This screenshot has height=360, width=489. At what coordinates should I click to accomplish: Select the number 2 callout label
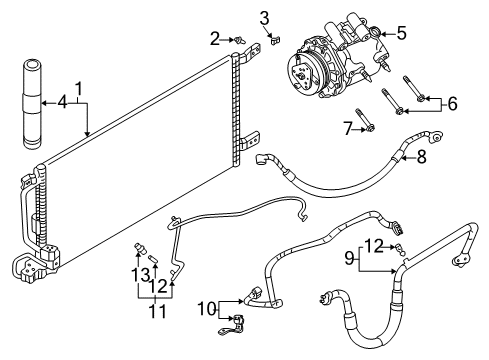pos(214,38)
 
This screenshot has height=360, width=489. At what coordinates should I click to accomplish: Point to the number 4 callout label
pos(62,100)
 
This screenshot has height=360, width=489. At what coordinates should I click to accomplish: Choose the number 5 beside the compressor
pos(401,32)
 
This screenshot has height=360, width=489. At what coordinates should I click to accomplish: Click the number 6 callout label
pos(452,102)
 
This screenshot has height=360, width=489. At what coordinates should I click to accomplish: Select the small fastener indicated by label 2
pos(238,39)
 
